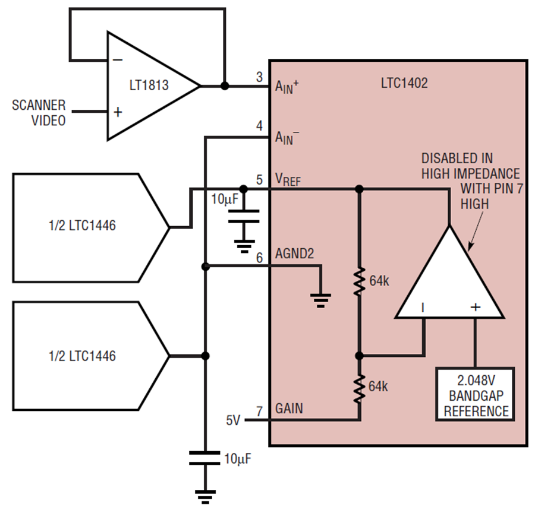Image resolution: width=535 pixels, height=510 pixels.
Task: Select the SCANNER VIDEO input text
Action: click(x=39, y=113)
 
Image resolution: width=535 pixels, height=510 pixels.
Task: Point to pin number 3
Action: click(x=259, y=77)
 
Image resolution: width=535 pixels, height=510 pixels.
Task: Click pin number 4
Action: click(x=259, y=126)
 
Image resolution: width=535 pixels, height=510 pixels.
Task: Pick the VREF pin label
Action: click(x=288, y=180)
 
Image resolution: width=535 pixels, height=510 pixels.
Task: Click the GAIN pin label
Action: click(x=289, y=409)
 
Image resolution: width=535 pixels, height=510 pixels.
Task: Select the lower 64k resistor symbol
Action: click(x=359, y=386)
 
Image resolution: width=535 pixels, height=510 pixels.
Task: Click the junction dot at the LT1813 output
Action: click(x=225, y=86)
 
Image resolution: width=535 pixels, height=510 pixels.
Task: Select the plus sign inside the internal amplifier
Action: click(x=475, y=307)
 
